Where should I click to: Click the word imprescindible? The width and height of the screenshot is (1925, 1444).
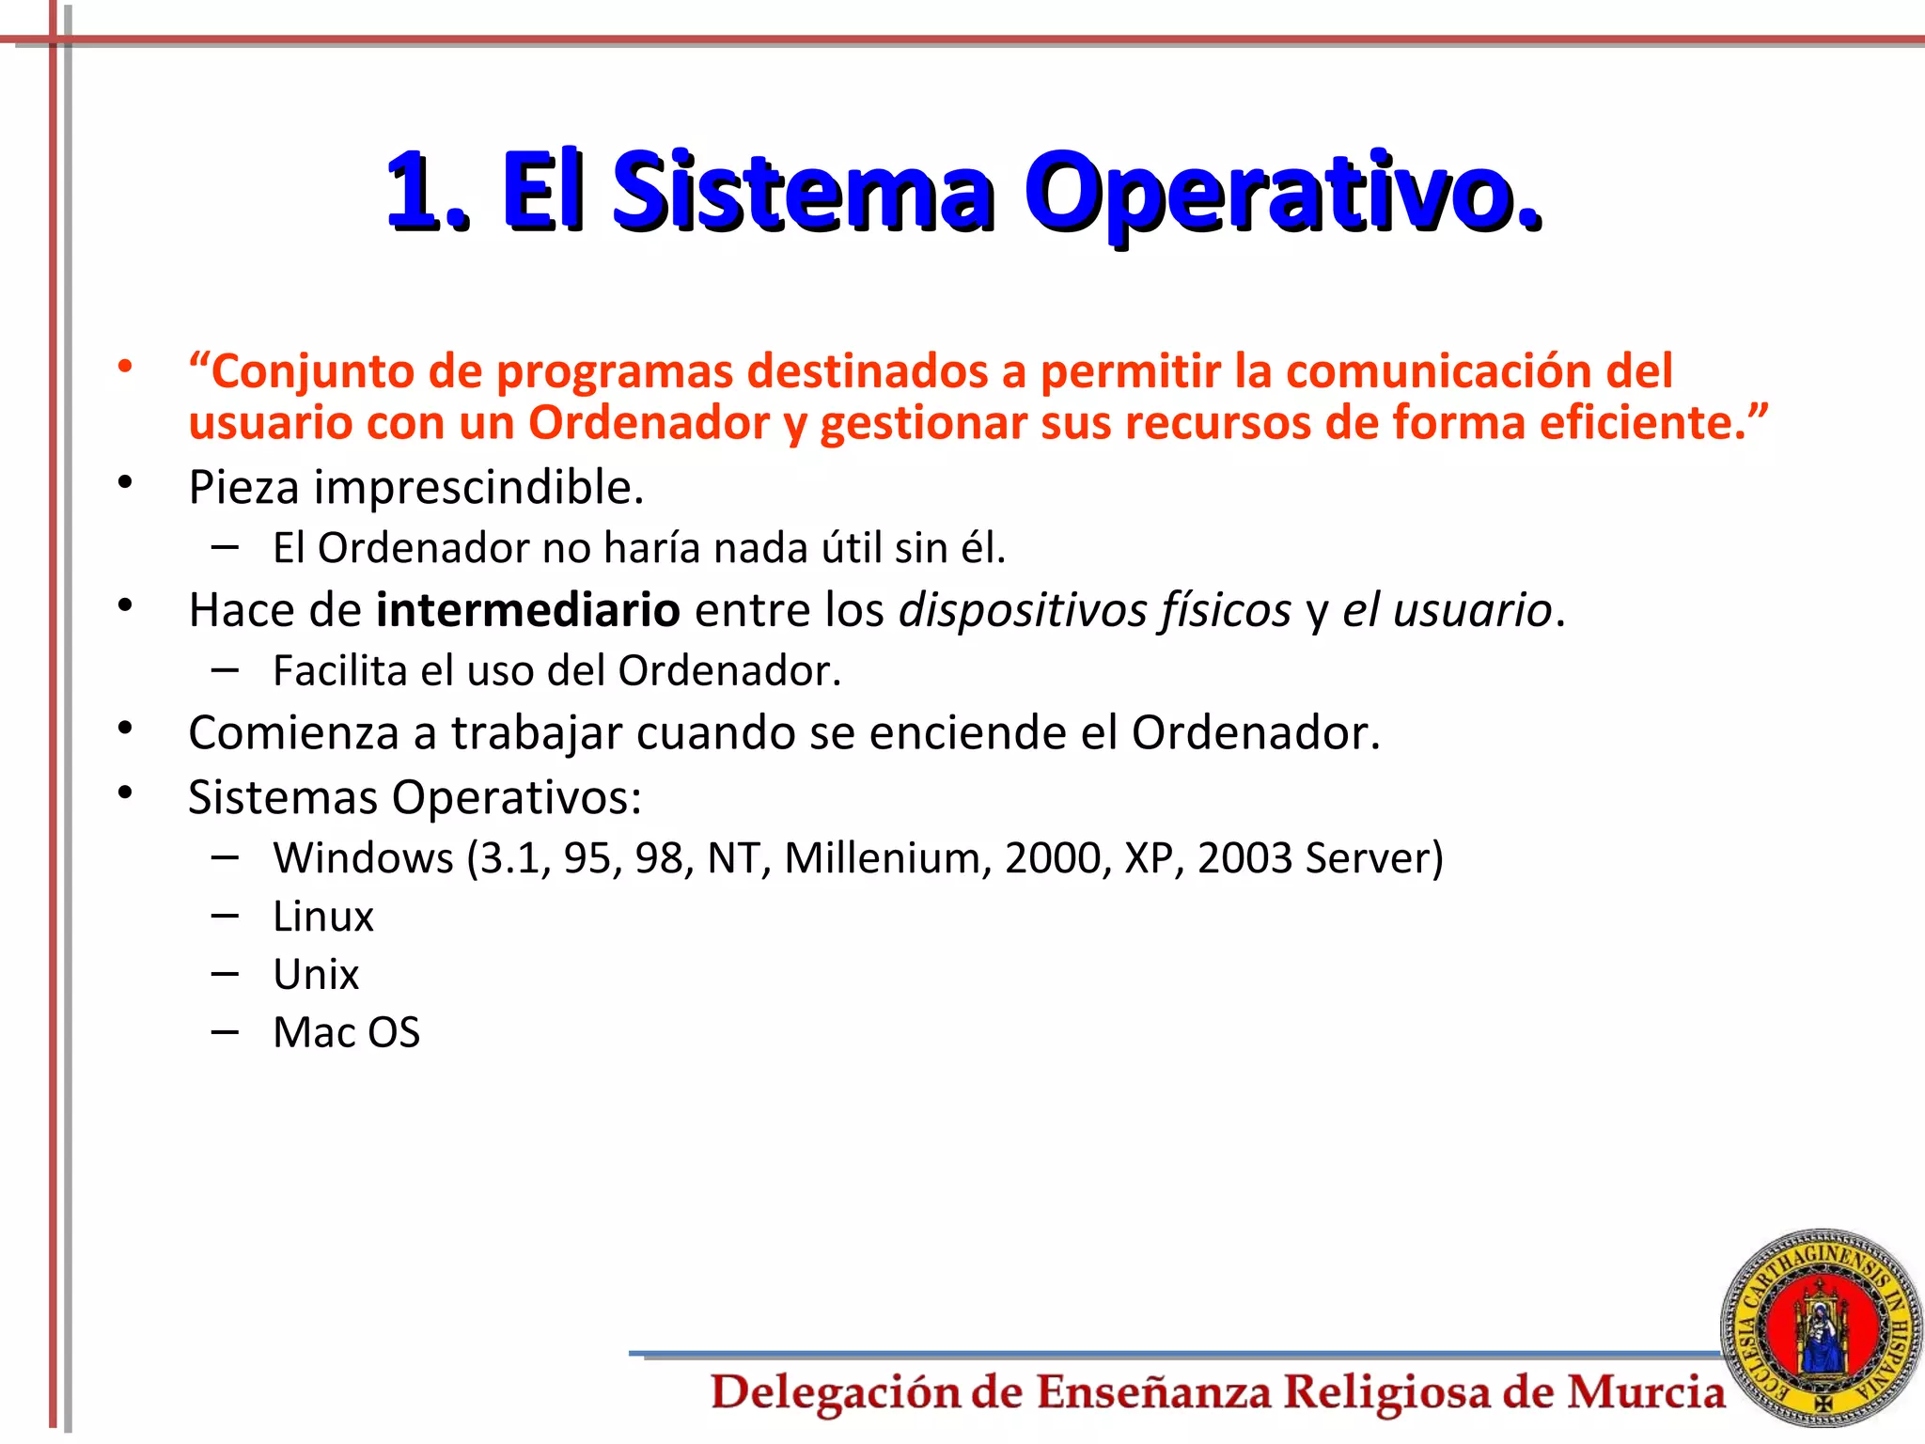pos(478,488)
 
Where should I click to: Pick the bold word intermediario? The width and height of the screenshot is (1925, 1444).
pos(527,610)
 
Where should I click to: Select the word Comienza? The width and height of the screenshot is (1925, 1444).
pos(293,733)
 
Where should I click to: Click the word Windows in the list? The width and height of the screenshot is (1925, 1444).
pos(364,858)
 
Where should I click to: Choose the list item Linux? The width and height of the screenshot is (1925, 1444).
pos(322,917)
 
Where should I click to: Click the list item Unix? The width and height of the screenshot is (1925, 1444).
pos(316,975)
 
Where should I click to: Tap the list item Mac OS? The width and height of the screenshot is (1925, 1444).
pos(346,1033)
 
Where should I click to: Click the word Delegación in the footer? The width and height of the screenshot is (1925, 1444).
pos(835,1393)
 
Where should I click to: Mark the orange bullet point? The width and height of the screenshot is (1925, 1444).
pos(125,367)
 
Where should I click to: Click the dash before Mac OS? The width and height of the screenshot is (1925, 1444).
pos(225,1031)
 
